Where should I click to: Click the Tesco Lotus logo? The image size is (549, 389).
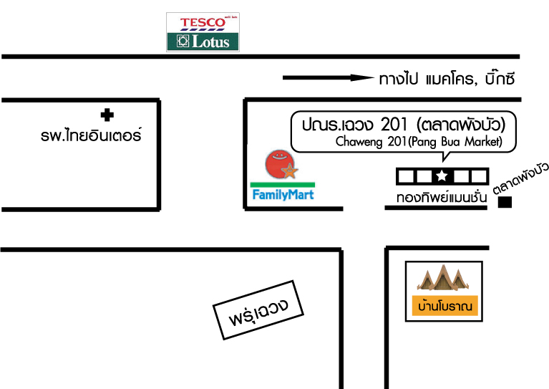tap(203, 32)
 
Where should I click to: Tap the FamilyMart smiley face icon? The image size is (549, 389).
tap(278, 165)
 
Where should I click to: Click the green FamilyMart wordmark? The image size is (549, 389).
tap(283, 194)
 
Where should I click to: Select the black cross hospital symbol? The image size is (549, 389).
tap(107, 114)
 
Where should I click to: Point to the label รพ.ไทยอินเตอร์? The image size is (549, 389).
tap(92, 135)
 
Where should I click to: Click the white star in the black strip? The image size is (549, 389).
tap(442, 176)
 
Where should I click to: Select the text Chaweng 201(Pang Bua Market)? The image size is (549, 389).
tap(424, 142)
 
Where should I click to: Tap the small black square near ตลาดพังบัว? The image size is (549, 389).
tap(505, 203)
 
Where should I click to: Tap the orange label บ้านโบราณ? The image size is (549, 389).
tap(444, 307)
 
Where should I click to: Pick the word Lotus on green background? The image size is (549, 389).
tap(209, 42)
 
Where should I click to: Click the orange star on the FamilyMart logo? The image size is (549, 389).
tap(288, 171)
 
